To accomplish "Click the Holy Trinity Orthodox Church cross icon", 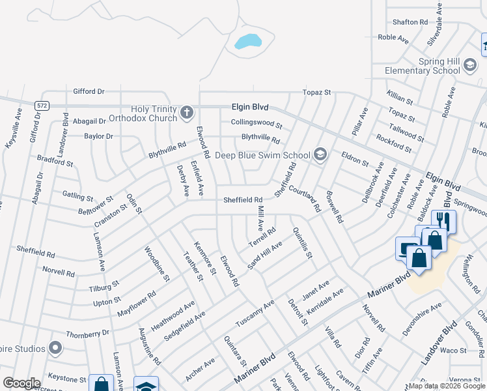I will [x=186, y=113].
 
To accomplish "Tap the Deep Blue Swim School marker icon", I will [x=320, y=154].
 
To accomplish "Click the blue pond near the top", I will [x=248, y=42].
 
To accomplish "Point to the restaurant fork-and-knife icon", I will [x=444, y=222].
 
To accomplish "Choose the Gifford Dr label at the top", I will [x=89, y=92].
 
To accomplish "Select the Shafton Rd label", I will [x=411, y=22].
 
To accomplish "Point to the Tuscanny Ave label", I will [x=256, y=315].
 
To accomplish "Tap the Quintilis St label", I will [x=303, y=242].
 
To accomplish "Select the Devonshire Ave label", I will [x=422, y=319].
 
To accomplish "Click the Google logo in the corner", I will [x=21, y=383].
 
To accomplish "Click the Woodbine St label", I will [x=157, y=263].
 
